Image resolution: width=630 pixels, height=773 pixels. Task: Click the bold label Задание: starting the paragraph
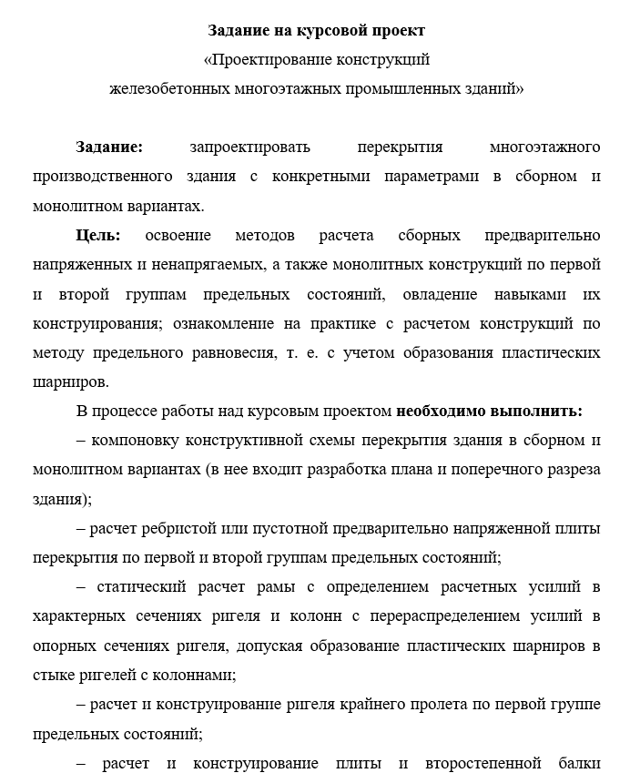point(109,147)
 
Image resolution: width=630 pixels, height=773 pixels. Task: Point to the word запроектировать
point(250,147)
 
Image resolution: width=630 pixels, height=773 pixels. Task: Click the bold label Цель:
point(98,235)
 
